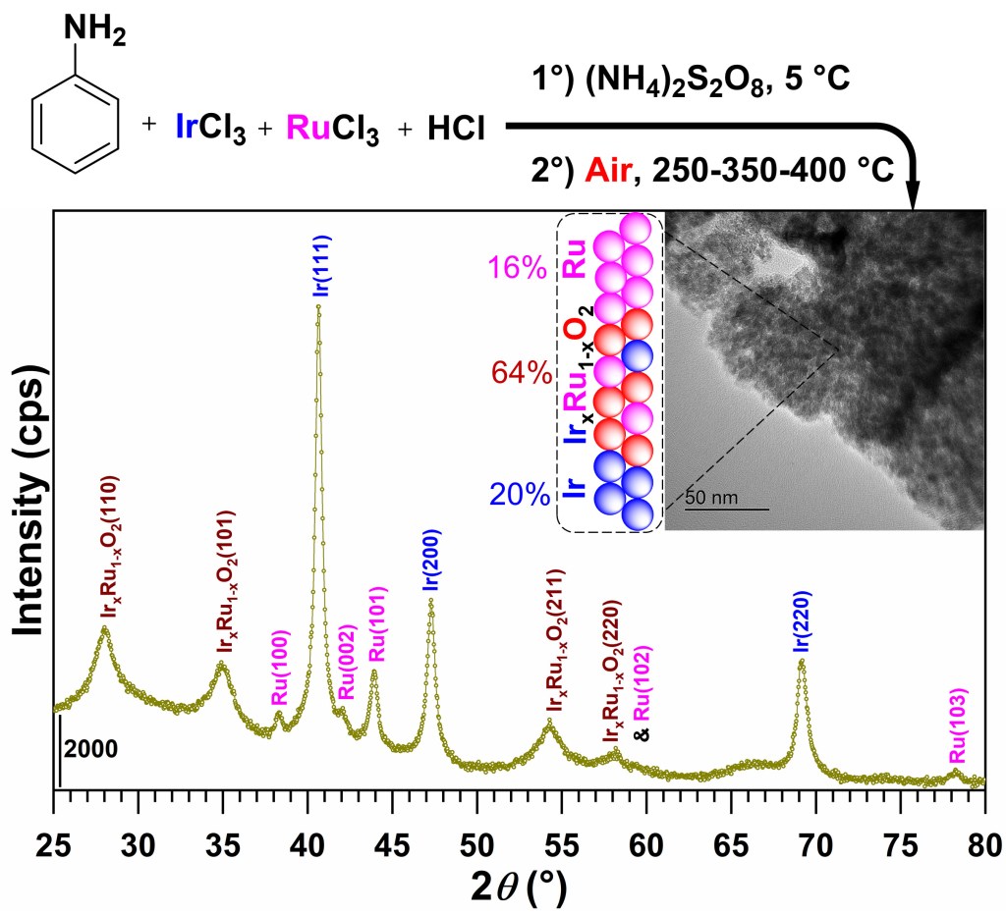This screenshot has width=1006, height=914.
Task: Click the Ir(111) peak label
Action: [x=318, y=267]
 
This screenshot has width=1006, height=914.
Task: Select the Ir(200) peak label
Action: [x=430, y=560]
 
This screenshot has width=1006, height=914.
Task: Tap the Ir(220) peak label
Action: [x=801, y=621]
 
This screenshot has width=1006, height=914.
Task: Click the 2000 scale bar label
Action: [x=91, y=748]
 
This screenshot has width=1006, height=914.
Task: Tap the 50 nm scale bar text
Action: [x=710, y=498]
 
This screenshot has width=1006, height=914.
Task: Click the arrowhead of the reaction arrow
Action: [x=913, y=194]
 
